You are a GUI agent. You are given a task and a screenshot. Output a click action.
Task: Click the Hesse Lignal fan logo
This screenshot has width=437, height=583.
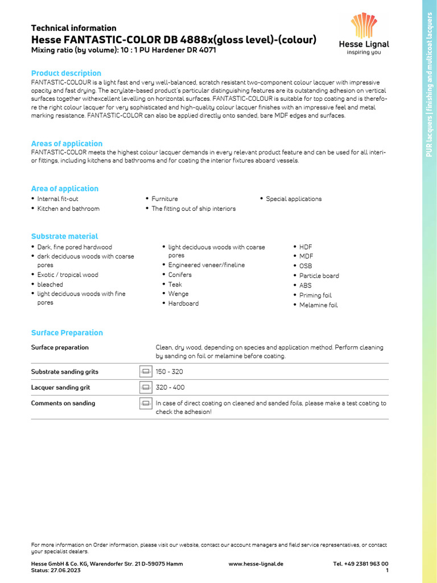click(364, 26)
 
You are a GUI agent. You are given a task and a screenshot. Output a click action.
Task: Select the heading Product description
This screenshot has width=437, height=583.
click(66, 73)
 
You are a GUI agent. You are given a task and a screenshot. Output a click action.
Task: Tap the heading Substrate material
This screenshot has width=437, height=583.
click(64, 236)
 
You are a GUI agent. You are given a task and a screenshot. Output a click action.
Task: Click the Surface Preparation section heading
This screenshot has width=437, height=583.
click(67, 332)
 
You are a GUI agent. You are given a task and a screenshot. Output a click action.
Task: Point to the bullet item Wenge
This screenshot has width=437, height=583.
click(178, 294)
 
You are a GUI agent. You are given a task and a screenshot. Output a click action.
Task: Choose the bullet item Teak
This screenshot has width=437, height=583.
click(175, 284)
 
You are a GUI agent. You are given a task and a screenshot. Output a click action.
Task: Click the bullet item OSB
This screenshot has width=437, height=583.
click(306, 266)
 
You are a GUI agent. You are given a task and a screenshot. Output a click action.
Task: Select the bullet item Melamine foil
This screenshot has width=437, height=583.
click(318, 305)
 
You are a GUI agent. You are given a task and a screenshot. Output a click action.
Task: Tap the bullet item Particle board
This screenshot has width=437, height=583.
click(319, 276)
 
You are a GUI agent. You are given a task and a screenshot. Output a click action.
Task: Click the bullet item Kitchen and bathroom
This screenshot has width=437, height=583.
click(68, 208)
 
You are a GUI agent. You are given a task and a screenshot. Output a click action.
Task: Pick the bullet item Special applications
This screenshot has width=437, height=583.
click(294, 199)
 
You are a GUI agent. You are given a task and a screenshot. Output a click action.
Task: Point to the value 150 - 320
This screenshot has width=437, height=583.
click(170, 372)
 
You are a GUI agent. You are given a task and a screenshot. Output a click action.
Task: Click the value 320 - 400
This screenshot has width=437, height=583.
click(170, 387)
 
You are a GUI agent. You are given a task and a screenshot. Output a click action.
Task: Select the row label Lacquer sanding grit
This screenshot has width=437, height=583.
click(60, 387)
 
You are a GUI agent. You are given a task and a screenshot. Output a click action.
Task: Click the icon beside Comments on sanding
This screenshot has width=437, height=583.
click(146, 403)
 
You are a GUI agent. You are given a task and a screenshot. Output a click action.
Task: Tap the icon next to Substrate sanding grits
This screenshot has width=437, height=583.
click(146, 372)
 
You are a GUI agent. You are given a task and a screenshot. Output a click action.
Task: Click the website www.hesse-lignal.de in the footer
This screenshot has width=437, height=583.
click(255, 564)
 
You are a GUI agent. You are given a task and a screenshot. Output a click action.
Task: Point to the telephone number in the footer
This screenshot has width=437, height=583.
click(361, 564)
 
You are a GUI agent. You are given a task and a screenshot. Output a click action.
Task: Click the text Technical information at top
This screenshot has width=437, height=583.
click(73, 28)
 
